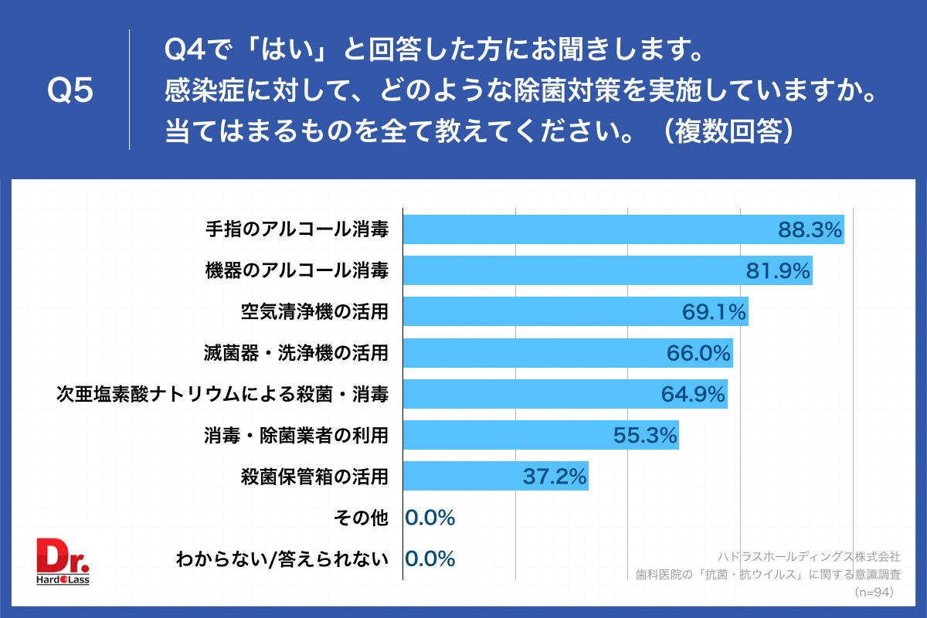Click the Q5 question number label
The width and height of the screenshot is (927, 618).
[x=70, y=91]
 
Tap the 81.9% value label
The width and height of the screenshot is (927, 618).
[x=777, y=270]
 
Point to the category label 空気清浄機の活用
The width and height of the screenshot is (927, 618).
[x=314, y=312]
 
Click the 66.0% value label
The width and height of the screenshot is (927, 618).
[x=698, y=353]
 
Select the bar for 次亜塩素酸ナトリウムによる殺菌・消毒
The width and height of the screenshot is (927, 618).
[x=565, y=394]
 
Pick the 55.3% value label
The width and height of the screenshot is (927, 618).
[x=645, y=436]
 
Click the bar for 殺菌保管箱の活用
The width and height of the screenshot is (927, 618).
[x=495, y=477]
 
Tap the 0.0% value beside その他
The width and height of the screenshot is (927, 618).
[x=430, y=518]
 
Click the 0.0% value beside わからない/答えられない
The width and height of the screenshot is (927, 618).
[x=430, y=559]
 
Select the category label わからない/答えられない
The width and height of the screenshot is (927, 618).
[x=282, y=559]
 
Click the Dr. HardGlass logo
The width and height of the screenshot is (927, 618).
[x=64, y=561]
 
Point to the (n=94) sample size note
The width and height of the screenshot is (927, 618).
[x=874, y=593]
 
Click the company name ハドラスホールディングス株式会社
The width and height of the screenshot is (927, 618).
[x=809, y=555]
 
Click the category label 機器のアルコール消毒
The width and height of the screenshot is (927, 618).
[x=297, y=270]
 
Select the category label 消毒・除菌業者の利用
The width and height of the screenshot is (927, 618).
[x=297, y=436]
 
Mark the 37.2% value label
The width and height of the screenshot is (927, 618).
[x=555, y=477]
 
